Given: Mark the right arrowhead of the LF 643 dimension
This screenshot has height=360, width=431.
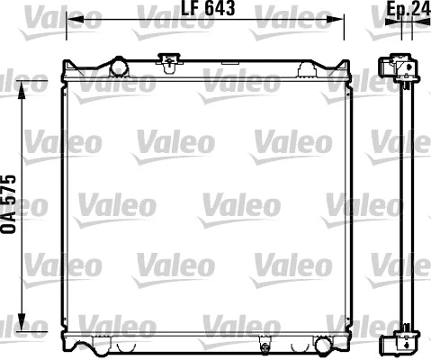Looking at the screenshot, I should coord(339,19).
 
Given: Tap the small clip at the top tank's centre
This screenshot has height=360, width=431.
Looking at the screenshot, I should coord(166,61).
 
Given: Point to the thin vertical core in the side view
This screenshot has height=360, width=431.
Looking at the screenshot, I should coord(406,207).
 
